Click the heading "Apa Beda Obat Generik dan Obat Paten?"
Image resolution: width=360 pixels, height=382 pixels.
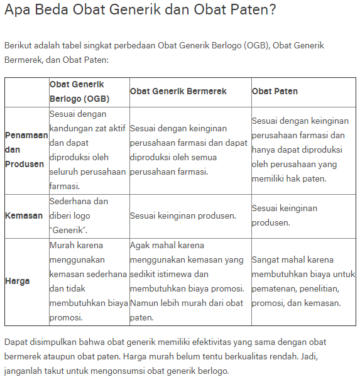(x=140, y=11)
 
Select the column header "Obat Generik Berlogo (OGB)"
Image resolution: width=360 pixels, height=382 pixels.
(x=79, y=92)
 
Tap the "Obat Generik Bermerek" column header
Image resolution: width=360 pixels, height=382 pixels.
(x=178, y=92)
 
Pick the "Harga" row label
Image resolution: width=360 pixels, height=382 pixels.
(x=18, y=281)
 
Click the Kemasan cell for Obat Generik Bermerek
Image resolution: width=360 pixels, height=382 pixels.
(x=183, y=216)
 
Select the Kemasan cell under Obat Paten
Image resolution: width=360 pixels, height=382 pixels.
(x=285, y=216)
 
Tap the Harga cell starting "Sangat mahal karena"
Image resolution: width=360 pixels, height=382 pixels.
(x=302, y=281)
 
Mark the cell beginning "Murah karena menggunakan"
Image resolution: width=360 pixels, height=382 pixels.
(x=89, y=281)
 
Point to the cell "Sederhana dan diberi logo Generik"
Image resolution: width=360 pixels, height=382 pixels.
(x=79, y=216)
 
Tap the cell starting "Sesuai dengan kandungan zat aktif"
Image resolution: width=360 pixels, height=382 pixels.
(x=89, y=150)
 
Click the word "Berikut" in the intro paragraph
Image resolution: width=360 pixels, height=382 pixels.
(x=19, y=46)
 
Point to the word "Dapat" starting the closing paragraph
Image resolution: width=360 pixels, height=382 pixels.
(x=16, y=342)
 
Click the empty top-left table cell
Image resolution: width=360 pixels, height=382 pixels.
(x=26, y=92)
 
